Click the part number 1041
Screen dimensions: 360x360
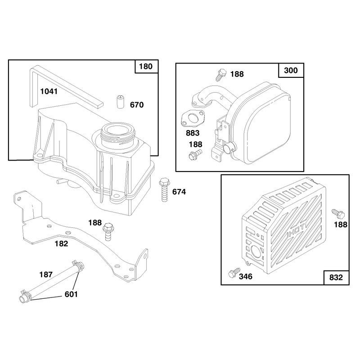point(49,91)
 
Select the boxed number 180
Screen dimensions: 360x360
point(146,67)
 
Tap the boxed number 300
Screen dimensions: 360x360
point(291,70)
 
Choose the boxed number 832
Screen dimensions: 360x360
point(336,277)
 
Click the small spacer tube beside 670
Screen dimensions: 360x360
point(120,102)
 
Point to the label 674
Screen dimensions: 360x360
point(179,192)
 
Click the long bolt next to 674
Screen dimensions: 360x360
point(164,189)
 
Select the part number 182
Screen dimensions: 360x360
point(61,243)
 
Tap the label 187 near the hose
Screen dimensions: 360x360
point(46,274)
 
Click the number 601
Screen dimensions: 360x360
point(71,294)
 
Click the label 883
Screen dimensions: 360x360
point(193,133)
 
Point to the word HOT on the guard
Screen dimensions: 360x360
point(297,230)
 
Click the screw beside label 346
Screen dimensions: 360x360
point(234,273)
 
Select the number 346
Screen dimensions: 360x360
point(246,276)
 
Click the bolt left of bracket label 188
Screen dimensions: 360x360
point(107,232)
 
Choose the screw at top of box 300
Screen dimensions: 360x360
point(221,75)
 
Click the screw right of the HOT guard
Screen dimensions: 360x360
point(338,214)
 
